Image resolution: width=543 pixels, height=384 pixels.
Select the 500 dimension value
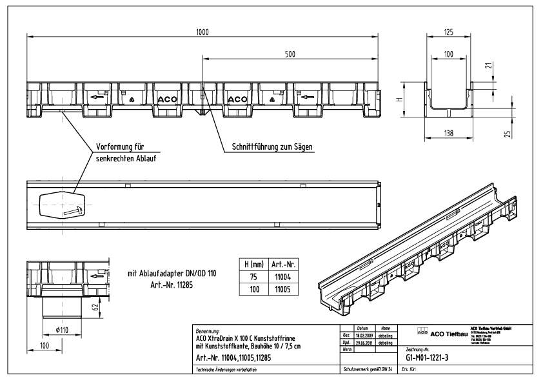click(290, 55)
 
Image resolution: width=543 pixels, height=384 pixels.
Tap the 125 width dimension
click(448, 30)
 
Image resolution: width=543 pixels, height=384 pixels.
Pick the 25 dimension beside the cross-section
click(507, 134)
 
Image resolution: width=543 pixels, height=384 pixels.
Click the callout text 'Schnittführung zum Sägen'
click(272, 147)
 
